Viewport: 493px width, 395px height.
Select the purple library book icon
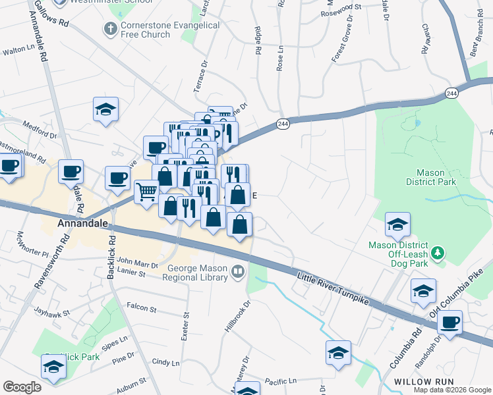(x=237, y=271)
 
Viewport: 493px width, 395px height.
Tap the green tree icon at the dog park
(x=436, y=253)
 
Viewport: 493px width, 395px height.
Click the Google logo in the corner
(x=22, y=387)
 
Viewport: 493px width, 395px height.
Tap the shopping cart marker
(x=146, y=192)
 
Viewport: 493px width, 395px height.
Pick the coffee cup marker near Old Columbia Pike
(x=449, y=323)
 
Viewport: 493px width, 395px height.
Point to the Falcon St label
(x=141, y=308)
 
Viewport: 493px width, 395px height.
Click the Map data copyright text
(x=452, y=390)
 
